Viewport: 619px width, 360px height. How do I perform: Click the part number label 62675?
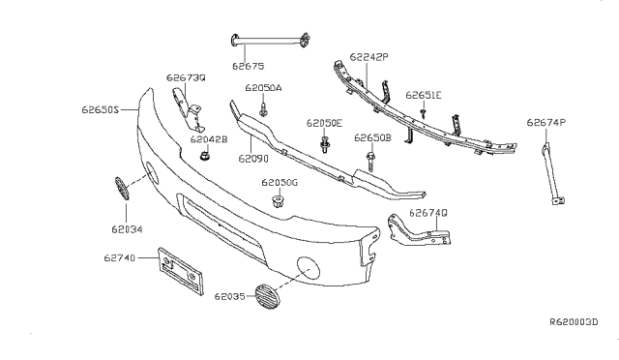[x=248, y=66]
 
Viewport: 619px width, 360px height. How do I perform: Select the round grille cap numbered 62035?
[x=267, y=295]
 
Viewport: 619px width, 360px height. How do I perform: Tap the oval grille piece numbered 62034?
[x=122, y=189]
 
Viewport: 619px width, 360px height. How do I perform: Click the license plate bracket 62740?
[x=181, y=271]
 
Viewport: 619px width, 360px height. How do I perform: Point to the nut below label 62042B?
[x=204, y=156]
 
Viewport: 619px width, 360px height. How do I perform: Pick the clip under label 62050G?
[x=279, y=201]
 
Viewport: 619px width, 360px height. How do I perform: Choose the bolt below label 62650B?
[x=370, y=162]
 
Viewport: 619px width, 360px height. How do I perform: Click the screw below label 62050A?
[x=263, y=110]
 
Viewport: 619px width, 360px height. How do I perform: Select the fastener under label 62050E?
[x=325, y=145]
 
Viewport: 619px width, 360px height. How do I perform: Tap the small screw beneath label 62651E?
[x=424, y=114]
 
